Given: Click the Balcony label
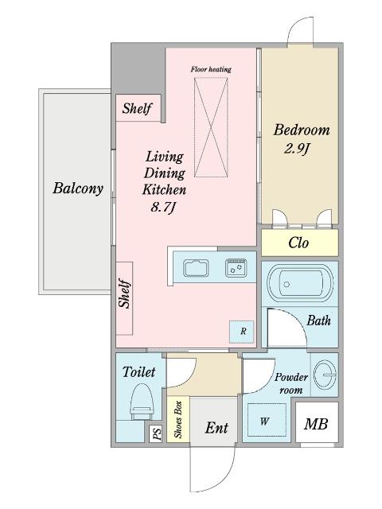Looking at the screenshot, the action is tap(78, 188).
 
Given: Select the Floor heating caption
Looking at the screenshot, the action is tap(211, 69).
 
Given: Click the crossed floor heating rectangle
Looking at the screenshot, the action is tap(211, 127).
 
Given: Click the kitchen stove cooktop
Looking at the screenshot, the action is tap(236, 267).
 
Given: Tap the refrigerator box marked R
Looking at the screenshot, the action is tap(242, 332).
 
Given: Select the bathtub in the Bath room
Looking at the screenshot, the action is tap(300, 283).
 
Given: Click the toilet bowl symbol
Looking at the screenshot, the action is tap(142, 402).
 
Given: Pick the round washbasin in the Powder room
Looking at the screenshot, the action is tap(325, 375).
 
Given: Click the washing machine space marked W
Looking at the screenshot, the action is tap(267, 421).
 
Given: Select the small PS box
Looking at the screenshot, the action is tap(156, 433).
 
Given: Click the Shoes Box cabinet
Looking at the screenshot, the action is tap(178, 419).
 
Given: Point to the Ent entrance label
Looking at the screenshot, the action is tap(216, 428).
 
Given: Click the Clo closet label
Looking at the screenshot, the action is tap(298, 243).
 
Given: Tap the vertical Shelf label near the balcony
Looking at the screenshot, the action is tap(125, 293).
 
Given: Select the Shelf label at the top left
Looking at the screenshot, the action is tap(137, 108).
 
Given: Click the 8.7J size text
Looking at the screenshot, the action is tap(163, 207).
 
